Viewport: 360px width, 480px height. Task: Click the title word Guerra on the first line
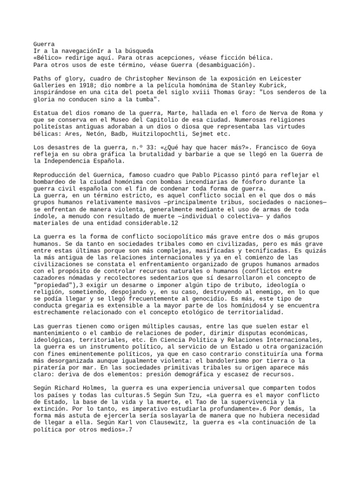45,44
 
